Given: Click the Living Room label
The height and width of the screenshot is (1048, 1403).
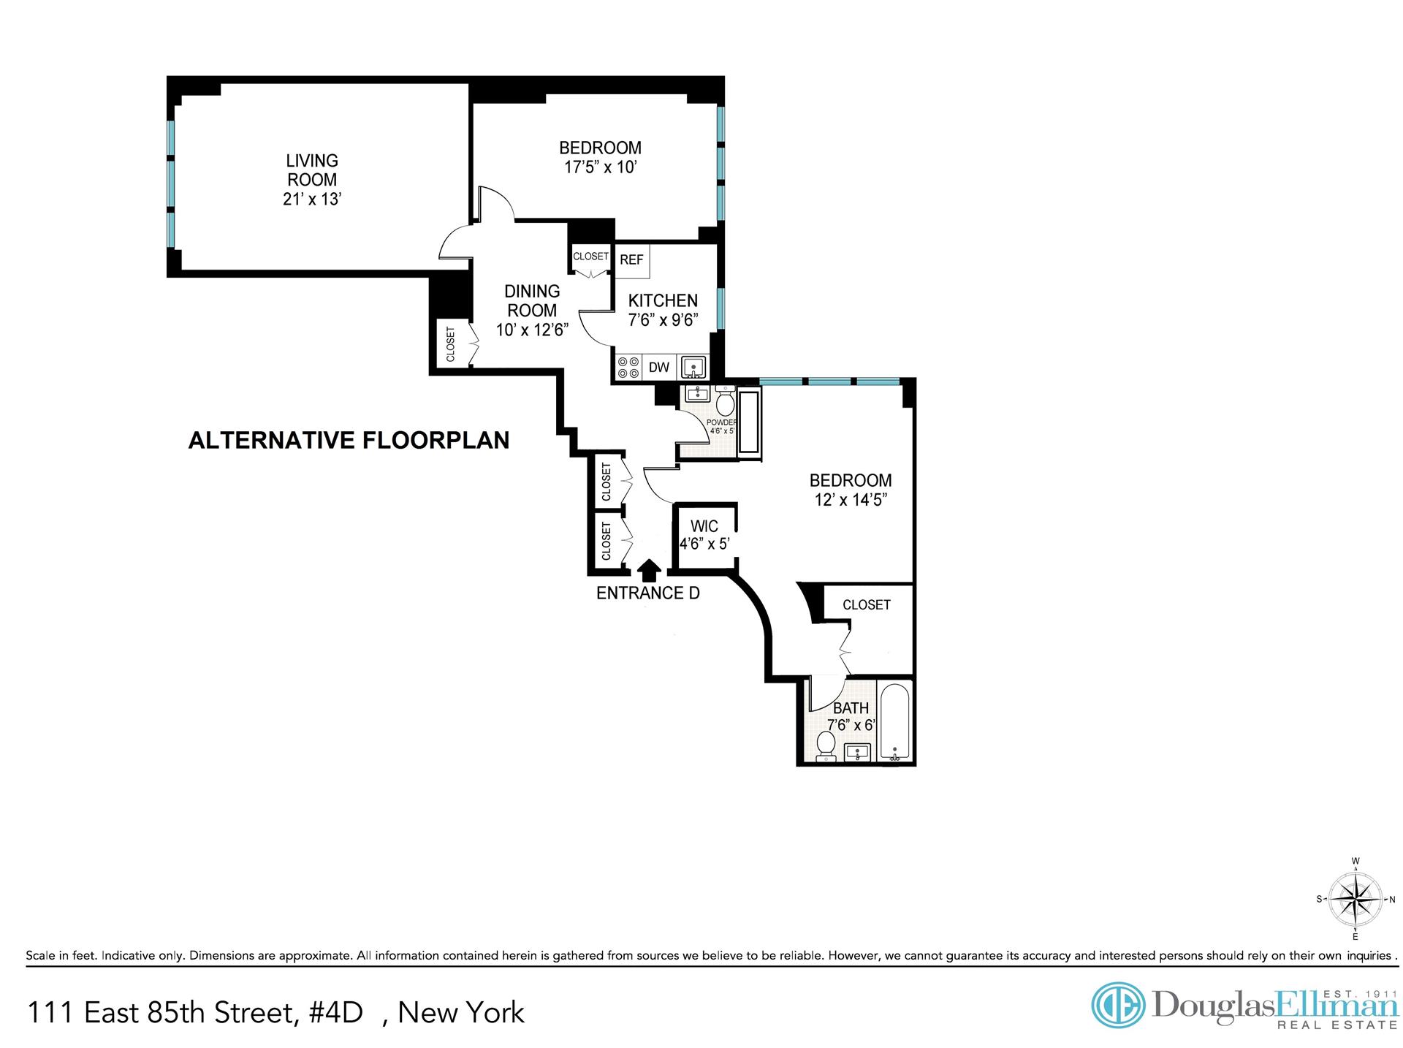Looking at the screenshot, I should coord(312,170).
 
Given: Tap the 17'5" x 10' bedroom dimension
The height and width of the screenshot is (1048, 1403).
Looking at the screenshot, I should coord(600,167).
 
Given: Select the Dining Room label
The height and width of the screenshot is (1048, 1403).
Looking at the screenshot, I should coord(532,301).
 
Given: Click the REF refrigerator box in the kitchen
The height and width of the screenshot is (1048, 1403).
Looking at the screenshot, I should coord(632,260).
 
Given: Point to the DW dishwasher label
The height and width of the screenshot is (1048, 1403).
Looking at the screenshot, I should coord(658,368).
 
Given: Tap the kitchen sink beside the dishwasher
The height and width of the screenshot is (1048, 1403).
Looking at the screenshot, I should coord(693,367).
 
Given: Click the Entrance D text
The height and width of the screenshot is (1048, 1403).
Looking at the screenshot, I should coord(647,593).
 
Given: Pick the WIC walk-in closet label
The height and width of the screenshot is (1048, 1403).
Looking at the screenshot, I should coord(704,526).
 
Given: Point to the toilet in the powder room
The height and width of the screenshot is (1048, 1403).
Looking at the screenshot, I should coord(726,403).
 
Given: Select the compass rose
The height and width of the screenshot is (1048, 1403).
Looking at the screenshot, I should coord(1356,899).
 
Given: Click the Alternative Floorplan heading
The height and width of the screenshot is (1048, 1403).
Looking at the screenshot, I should coord(349,440).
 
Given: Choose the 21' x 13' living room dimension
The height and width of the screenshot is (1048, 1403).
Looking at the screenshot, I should coord(312,200).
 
